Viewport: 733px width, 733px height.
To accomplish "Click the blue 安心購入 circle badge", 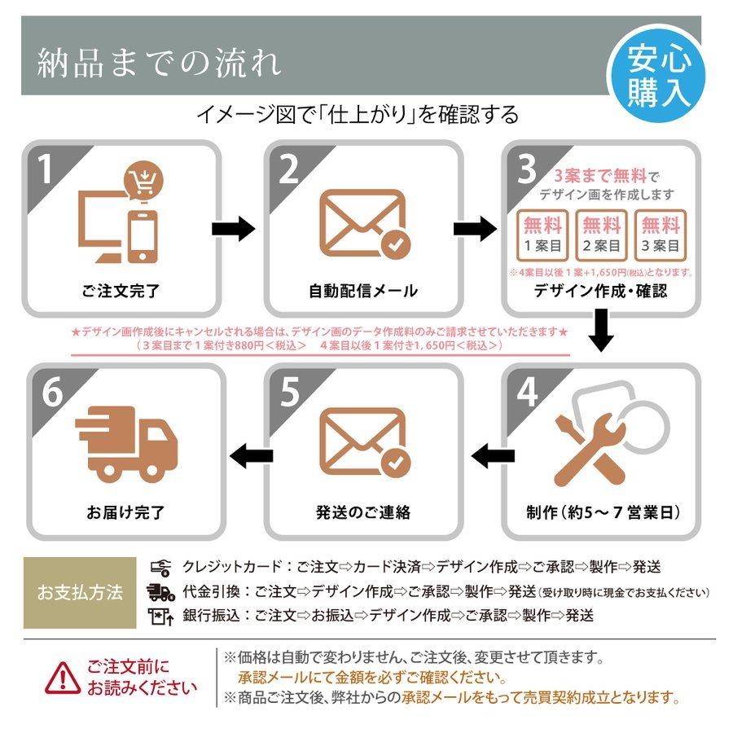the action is click(x=656, y=75).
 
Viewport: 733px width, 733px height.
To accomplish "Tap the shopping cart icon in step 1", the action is click(x=143, y=182).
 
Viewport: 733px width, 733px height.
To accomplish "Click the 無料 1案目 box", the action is click(x=542, y=235).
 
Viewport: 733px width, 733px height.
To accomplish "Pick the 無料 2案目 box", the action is click(x=601, y=235).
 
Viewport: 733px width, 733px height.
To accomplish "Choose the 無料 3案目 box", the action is click(x=660, y=235).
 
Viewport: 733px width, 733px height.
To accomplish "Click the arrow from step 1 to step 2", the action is click(x=233, y=229).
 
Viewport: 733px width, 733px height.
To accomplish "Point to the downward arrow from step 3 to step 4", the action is click(x=601, y=330).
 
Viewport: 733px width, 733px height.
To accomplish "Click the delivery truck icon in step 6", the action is click(x=126, y=444).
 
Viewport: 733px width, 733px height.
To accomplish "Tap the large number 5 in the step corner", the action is click(x=290, y=392).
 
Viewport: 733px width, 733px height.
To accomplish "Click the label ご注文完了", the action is click(x=121, y=291).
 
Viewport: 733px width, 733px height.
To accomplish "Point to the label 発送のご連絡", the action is click(x=362, y=512).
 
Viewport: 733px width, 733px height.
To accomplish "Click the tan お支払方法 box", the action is click(x=80, y=592).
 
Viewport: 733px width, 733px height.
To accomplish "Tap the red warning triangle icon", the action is click(x=63, y=678).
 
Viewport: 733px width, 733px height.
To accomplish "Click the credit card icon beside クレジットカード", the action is click(x=160, y=568).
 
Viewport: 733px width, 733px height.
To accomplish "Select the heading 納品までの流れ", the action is click(x=160, y=63).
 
